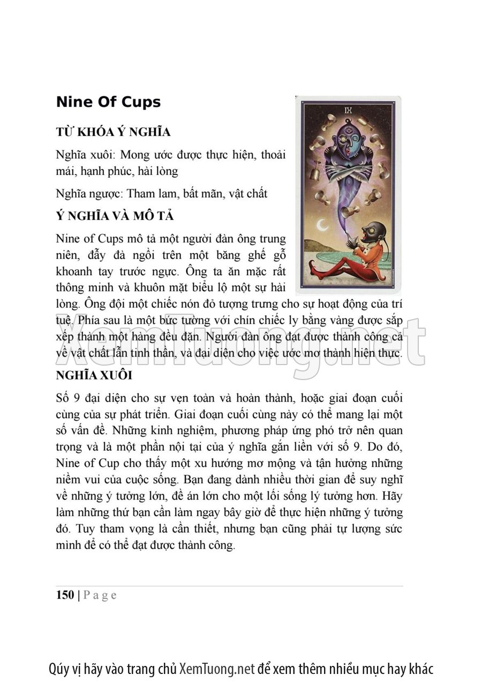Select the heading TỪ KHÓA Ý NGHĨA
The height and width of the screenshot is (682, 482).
pos(113,132)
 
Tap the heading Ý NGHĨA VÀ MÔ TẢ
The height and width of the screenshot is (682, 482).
pos(115,216)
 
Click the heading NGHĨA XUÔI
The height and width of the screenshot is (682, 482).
pos(94,375)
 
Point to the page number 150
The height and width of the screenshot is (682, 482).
pos(65,595)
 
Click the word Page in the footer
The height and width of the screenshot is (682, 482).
pos(100,595)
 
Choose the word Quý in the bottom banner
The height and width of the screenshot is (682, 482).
pos(58,669)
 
